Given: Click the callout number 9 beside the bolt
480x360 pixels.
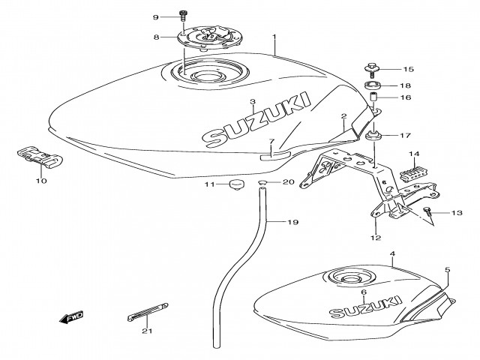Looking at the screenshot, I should click(x=156, y=16).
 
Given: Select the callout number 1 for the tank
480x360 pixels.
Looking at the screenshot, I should click(x=274, y=36).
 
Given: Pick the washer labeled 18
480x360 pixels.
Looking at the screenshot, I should click(x=373, y=85).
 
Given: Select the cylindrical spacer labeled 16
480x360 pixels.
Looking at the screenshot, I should click(x=373, y=98).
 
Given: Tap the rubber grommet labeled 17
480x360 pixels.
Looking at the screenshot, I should click(x=372, y=136).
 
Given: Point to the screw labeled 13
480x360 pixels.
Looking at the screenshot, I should click(x=428, y=213).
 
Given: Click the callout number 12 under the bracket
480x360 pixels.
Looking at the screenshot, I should click(x=376, y=238).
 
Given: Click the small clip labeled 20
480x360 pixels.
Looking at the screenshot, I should click(x=263, y=182).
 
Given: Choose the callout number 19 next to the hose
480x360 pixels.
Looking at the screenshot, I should click(x=292, y=223).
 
